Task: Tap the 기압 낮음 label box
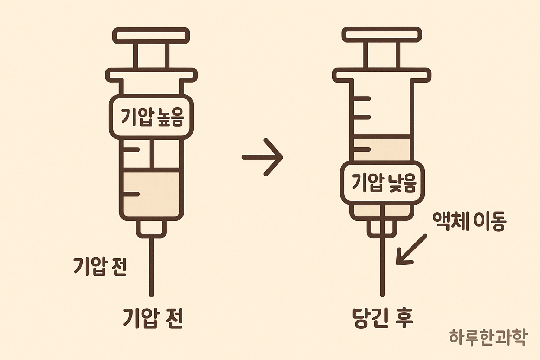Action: (382, 183)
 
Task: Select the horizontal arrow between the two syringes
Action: (263, 157)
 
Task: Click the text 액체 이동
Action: (470, 221)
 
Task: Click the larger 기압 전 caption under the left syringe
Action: (153, 318)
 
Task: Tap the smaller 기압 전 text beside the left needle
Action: (100, 266)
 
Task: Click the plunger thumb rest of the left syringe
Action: (151, 36)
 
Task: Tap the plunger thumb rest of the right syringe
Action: (382, 34)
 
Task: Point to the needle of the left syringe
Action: (152, 267)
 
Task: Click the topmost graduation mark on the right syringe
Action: (362, 99)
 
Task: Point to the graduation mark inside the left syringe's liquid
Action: (131, 194)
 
